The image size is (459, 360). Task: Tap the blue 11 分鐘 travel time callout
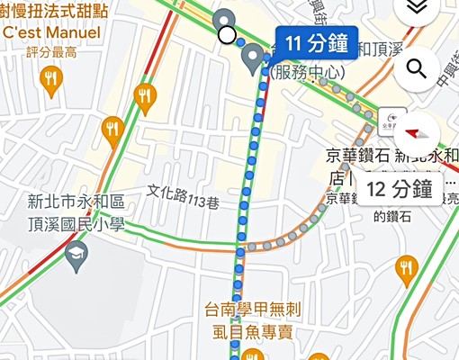315,42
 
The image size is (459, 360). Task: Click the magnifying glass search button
416,68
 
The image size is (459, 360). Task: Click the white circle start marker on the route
227,35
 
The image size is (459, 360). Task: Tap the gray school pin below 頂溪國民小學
75,258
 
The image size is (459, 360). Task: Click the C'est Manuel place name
50,32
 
